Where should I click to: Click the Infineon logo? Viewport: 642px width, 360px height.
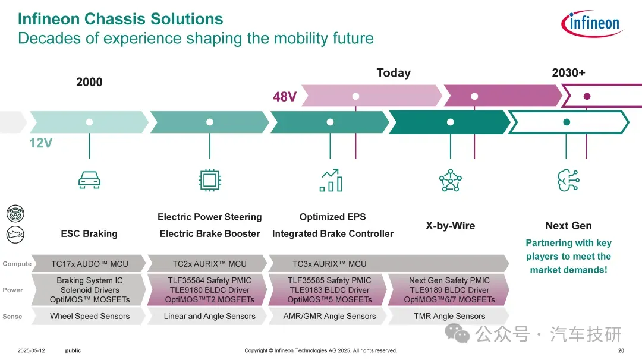[x=591, y=24]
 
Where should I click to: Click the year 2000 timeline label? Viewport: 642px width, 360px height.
[x=89, y=82]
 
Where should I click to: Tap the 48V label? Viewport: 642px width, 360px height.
[x=285, y=97]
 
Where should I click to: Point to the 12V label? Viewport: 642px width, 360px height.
[x=41, y=143]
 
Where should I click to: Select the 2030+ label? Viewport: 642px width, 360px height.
[x=568, y=72]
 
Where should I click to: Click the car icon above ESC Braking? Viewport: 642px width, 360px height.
[x=89, y=180]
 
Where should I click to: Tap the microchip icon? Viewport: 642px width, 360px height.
[x=209, y=180]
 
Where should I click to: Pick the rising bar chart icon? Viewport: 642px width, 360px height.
[x=331, y=180]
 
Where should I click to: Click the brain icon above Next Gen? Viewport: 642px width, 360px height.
[x=568, y=180]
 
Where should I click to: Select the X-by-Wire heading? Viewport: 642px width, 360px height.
[x=450, y=226]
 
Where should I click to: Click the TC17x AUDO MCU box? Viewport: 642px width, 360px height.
[x=89, y=264]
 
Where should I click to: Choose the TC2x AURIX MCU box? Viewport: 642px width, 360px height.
[x=209, y=264]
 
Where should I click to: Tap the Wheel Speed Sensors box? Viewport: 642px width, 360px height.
[x=89, y=316]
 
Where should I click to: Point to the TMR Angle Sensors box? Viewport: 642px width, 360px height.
[x=449, y=316]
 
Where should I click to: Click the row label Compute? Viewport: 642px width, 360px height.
[x=17, y=264]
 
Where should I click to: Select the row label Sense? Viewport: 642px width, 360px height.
[x=12, y=317]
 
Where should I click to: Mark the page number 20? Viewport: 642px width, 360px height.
[x=621, y=350]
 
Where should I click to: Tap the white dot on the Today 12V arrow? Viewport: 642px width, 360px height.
[x=450, y=122]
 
